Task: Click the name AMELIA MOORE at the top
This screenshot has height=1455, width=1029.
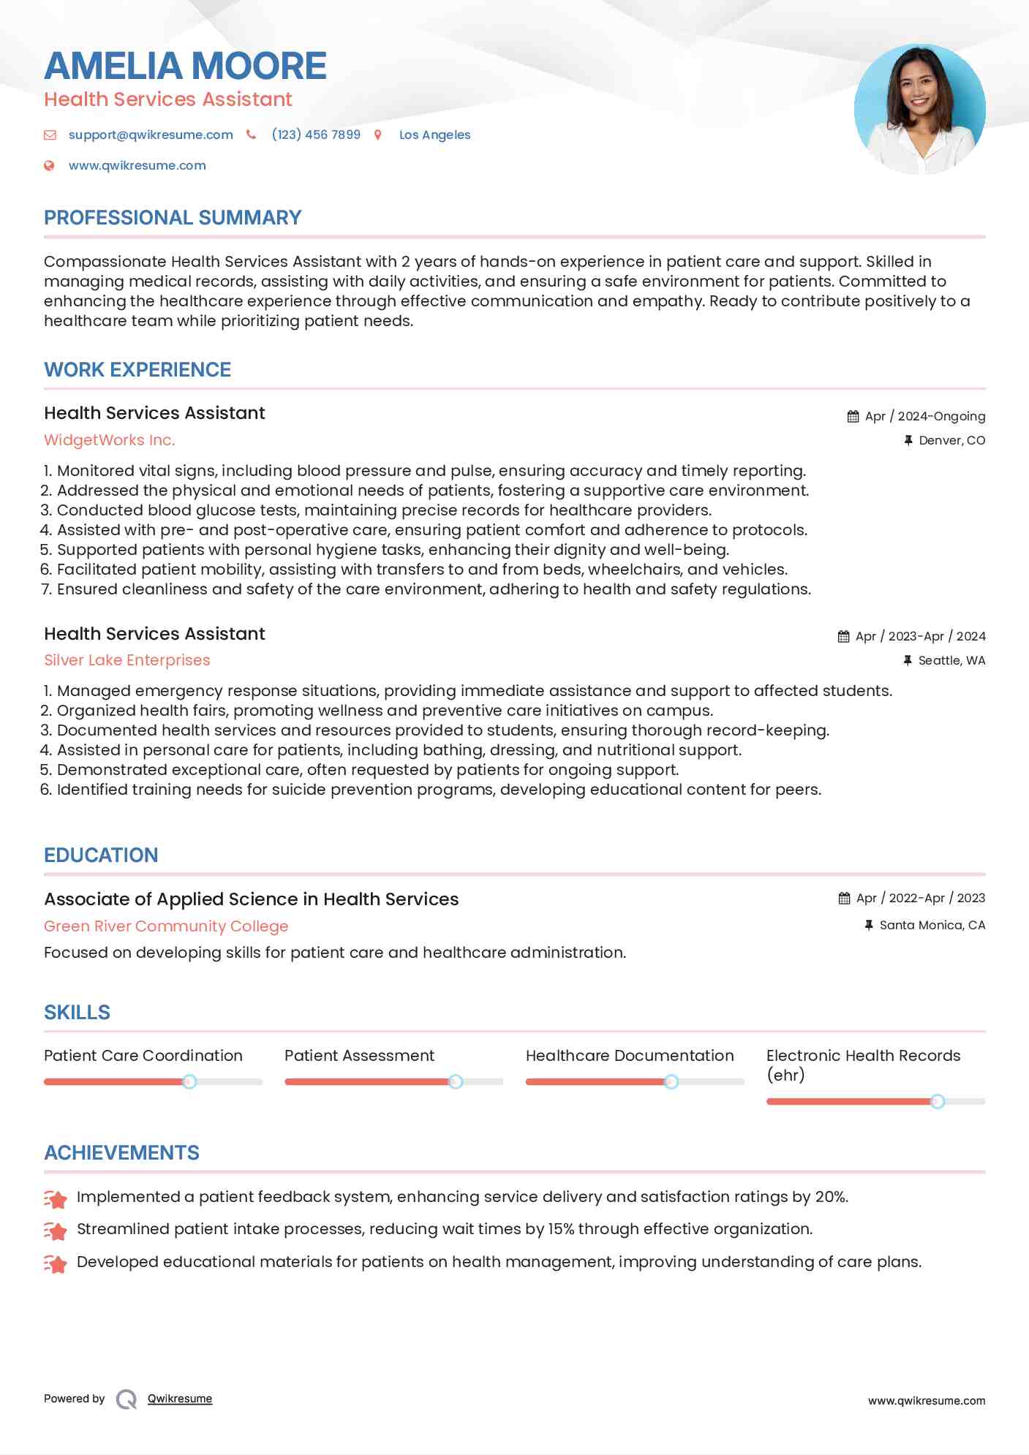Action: pyautogui.click(x=185, y=66)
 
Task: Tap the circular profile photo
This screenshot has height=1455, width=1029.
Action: pyautogui.click(x=919, y=110)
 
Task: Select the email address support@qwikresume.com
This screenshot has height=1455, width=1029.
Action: pyautogui.click(x=151, y=135)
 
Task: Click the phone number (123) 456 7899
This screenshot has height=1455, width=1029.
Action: pyautogui.click(x=316, y=135)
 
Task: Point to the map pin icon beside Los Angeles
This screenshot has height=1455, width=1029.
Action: pyautogui.click(x=378, y=135)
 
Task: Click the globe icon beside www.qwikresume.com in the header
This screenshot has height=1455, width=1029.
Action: pyautogui.click(x=49, y=166)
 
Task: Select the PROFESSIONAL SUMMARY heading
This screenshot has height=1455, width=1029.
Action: pyautogui.click(x=173, y=218)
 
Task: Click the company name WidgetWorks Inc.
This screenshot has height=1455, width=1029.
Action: pyautogui.click(x=110, y=440)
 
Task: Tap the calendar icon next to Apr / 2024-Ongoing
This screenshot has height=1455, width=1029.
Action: pyautogui.click(x=853, y=417)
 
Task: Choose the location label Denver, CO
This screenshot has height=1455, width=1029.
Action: pyautogui.click(x=951, y=440)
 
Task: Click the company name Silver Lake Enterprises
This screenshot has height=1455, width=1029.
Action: pyautogui.click(x=127, y=660)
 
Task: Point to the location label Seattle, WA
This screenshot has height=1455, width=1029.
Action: pyautogui.click(x=951, y=660)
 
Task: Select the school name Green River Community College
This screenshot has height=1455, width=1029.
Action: pyautogui.click(x=166, y=926)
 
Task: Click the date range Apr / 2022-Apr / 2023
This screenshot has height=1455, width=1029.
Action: pyautogui.click(x=921, y=898)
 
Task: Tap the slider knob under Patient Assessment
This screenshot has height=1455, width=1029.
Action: pyautogui.click(x=456, y=1081)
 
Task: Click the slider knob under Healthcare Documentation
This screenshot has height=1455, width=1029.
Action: pyautogui.click(x=671, y=1081)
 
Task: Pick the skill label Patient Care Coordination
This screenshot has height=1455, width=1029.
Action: pyautogui.click(x=143, y=1056)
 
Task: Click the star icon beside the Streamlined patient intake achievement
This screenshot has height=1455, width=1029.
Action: pyautogui.click(x=56, y=1231)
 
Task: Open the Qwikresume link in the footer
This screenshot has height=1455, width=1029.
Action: pyautogui.click(x=180, y=1399)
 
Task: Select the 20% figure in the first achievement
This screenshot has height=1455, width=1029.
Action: pyautogui.click(x=831, y=1197)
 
